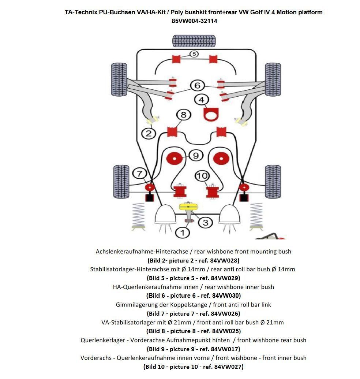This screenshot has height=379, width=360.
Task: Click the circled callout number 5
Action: click(194, 54)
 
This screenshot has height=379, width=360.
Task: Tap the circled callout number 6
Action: click(198, 86)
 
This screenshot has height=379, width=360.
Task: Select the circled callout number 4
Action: click(201, 99)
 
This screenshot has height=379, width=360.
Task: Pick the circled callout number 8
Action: click(183, 115)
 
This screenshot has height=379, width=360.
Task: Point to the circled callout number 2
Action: click(149, 133)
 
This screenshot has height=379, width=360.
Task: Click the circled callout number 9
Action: click(196, 156)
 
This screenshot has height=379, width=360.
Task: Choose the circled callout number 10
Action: click(202, 176)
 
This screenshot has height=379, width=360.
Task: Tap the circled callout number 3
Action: click(206, 222)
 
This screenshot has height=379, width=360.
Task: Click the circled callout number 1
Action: click(183, 232)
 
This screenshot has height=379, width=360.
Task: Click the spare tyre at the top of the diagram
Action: click(194, 41)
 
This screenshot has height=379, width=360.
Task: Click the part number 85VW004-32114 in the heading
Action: click(194, 21)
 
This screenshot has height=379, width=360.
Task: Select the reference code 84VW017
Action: click(225, 349)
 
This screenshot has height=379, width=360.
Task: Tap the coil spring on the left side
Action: click(138, 216)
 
